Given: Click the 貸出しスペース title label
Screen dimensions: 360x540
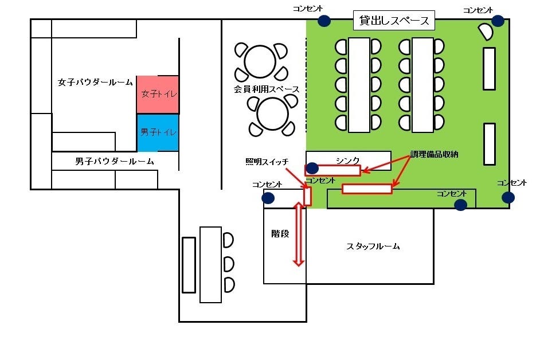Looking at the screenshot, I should click(x=394, y=21).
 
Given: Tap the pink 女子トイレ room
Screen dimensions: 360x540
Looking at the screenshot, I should click(x=158, y=94).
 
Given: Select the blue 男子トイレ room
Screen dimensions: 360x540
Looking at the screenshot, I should click(x=158, y=132).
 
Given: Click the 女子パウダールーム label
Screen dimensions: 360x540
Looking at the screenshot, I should click(x=95, y=83).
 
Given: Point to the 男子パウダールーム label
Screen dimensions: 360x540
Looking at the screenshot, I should click(x=115, y=162).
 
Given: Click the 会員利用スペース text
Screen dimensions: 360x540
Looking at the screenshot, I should click(x=267, y=89).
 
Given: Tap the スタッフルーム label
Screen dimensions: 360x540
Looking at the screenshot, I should click(x=373, y=246).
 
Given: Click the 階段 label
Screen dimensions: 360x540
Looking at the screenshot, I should click(x=280, y=234).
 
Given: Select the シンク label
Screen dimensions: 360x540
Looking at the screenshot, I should click(x=347, y=160).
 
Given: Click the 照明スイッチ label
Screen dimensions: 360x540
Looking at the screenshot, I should click(x=267, y=162).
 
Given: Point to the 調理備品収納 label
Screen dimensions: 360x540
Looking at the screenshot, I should click(x=434, y=155).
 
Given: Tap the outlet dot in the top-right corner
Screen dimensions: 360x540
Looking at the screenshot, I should click(x=498, y=21).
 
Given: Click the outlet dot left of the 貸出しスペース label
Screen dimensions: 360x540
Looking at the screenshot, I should click(x=324, y=21).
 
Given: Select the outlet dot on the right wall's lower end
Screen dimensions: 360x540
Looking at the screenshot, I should click(x=508, y=198).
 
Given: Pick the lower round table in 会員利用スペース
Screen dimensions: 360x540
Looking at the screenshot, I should click(x=272, y=114).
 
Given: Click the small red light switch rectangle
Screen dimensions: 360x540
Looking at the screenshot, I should click(x=308, y=196).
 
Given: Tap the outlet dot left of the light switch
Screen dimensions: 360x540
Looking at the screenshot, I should click(x=268, y=198).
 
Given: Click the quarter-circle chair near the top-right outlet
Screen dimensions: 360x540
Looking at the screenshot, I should click(x=484, y=32).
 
